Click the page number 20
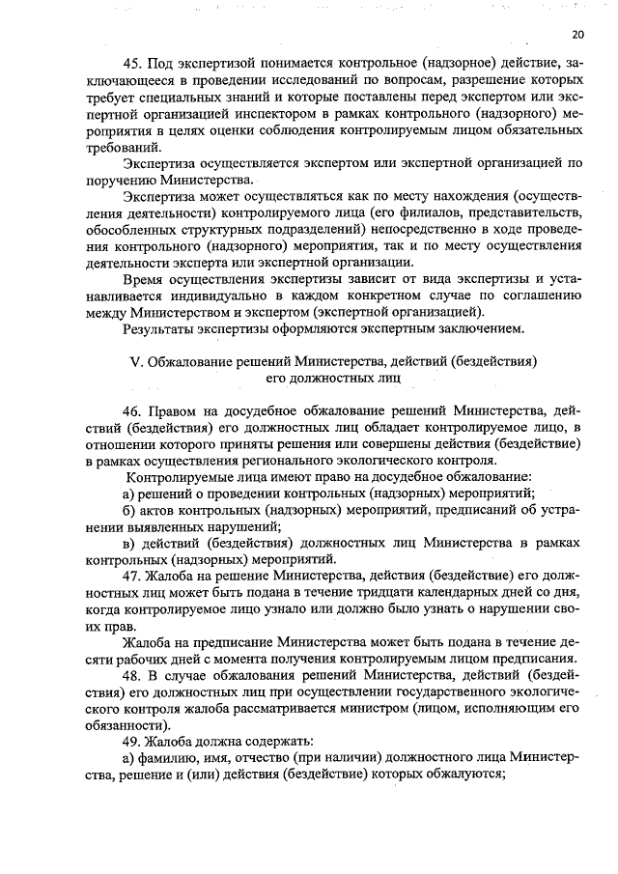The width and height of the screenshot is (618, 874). point(576,34)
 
